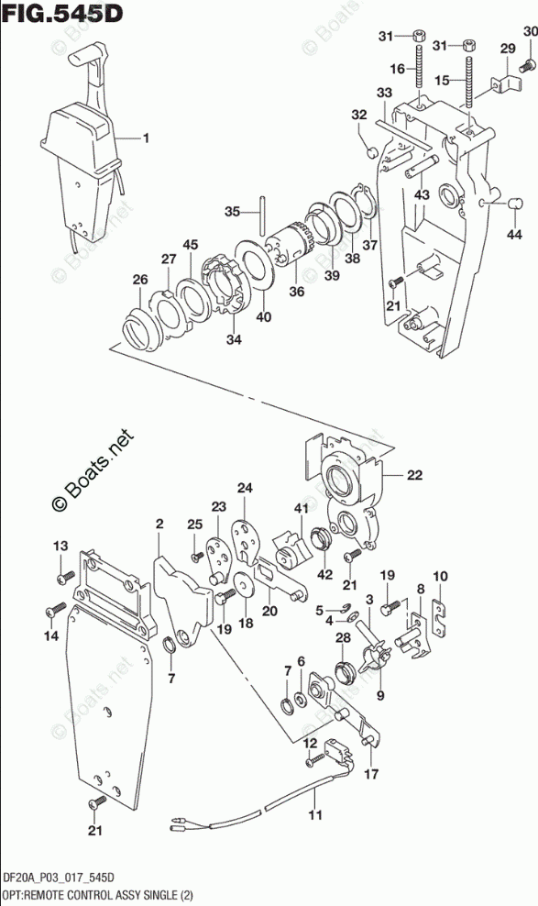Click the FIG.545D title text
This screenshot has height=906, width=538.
62,12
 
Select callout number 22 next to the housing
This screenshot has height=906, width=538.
414,475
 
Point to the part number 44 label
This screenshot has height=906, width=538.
514,234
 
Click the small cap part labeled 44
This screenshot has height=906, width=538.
514,204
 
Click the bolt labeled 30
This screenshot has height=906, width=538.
526,67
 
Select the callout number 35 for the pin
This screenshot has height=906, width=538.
233,212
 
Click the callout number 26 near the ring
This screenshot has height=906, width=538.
140,280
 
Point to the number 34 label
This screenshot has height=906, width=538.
233,339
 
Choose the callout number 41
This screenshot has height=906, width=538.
301,508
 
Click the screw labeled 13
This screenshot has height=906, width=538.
66,576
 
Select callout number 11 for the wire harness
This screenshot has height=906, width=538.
315,815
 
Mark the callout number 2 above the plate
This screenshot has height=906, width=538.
159,525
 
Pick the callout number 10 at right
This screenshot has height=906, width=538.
440,576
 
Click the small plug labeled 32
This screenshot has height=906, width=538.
372,153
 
